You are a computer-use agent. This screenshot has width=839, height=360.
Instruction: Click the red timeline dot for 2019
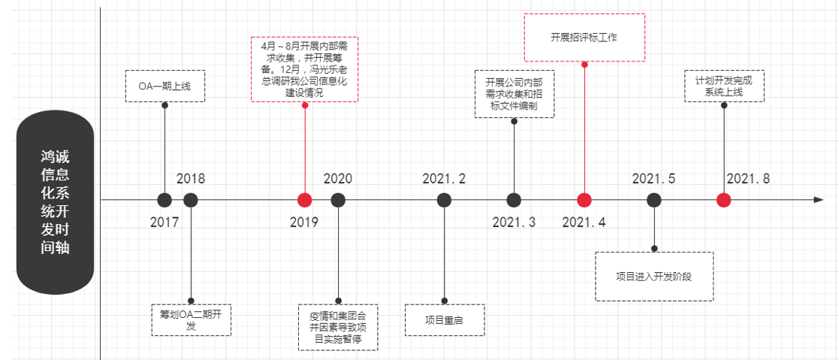(x=304, y=200)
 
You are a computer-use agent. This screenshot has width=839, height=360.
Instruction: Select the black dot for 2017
(x=164, y=200)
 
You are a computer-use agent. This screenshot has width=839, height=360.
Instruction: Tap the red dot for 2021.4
(x=584, y=200)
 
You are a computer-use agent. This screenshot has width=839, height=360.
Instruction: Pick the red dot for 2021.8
(x=723, y=200)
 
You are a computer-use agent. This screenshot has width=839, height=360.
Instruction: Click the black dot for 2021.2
(x=445, y=200)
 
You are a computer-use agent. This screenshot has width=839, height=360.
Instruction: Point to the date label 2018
(x=191, y=179)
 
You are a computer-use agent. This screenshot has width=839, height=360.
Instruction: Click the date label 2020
(x=338, y=179)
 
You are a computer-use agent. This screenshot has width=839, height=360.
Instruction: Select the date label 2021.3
(x=514, y=222)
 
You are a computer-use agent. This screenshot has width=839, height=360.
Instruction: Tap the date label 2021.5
(x=653, y=179)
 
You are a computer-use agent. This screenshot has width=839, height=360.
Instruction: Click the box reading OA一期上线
(x=164, y=86)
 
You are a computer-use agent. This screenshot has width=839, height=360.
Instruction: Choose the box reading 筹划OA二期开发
(x=191, y=319)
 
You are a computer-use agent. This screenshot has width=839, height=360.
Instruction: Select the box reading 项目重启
(x=445, y=319)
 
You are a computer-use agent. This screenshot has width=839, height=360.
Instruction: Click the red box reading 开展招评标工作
(x=584, y=37)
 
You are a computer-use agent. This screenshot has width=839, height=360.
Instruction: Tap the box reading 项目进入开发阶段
(x=653, y=276)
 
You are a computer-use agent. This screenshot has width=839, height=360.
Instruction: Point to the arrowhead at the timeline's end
(x=818, y=200)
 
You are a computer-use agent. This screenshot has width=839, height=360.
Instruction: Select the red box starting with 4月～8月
(x=304, y=69)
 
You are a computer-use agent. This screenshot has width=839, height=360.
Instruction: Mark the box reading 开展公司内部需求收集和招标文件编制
(x=515, y=92)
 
